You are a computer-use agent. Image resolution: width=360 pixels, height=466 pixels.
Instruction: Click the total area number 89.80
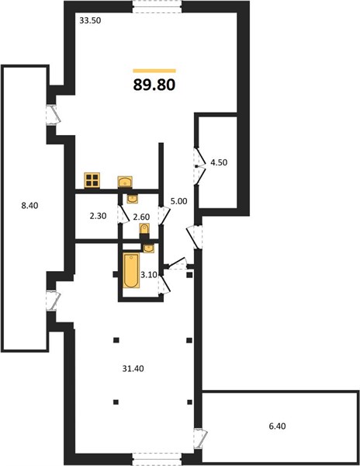[154, 85]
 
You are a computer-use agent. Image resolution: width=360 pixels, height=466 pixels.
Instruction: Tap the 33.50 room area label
[91, 21]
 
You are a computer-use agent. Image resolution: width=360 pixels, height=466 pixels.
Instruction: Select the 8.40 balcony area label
[29, 205]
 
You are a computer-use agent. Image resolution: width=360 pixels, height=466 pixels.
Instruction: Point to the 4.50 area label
[219, 162]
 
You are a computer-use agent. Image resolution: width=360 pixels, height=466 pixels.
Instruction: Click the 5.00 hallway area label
[178, 201]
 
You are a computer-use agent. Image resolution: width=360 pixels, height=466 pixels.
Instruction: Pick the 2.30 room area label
[98, 216]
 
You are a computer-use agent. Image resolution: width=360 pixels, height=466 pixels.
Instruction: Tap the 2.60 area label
[141, 217]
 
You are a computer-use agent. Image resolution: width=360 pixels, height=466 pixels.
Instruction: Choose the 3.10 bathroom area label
[149, 275]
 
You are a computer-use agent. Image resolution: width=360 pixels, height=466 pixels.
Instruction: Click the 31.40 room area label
[133, 369]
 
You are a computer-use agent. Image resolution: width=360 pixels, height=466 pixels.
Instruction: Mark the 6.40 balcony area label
[277, 426]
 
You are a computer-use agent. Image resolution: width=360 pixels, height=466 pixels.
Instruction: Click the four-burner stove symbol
[92, 180]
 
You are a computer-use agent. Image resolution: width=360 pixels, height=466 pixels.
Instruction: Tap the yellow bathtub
[131, 270]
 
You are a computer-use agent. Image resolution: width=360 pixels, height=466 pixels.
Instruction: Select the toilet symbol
[144, 231]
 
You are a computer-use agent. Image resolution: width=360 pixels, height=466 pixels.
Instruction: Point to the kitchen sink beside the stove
[125, 182]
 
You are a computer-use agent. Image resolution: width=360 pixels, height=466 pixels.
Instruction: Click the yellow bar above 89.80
[154, 71]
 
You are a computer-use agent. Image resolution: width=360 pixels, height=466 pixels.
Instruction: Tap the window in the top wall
[157, 6]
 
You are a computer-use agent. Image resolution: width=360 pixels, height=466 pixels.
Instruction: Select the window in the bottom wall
[157, 459]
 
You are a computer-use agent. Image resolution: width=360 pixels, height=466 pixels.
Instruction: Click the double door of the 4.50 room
[199, 166]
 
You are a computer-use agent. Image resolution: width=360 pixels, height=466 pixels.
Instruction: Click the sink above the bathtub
[149, 249]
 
